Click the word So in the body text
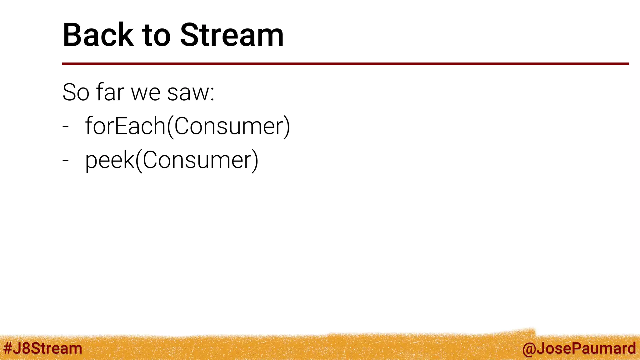click(x=76, y=92)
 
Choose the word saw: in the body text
click(x=191, y=92)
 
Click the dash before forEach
click(x=65, y=127)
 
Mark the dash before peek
click(x=65, y=160)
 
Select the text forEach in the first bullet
click(x=125, y=126)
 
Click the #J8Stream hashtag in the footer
click(x=42, y=348)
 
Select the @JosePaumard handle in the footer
click(x=579, y=348)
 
